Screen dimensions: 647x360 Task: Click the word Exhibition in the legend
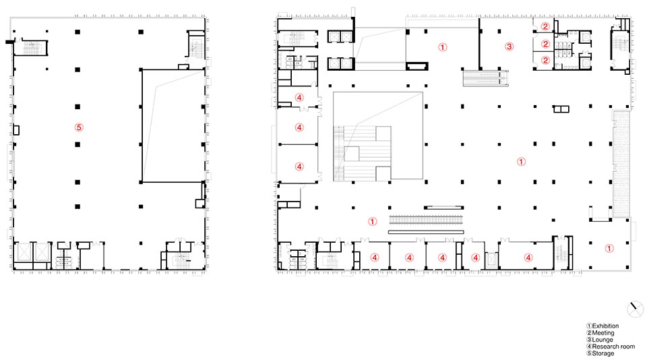tap(605, 326)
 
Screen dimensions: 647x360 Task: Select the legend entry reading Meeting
tap(603, 333)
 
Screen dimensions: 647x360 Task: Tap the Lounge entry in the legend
tap(603, 340)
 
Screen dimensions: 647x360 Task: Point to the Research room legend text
tap(613, 347)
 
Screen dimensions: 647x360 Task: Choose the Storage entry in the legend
tap(603, 353)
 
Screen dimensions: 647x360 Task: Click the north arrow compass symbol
tap(635, 309)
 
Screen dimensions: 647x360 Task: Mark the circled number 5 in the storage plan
tap(79, 127)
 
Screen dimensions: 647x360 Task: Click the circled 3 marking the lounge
tap(510, 47)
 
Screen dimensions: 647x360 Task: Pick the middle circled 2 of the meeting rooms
tap(545, 44)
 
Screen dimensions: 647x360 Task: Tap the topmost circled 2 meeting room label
tap(545, 26)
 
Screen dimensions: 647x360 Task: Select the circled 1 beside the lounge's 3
tap(442, 47)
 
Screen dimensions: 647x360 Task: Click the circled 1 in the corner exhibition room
tap(609, 248)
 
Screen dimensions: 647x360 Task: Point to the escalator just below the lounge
tap(485, 78)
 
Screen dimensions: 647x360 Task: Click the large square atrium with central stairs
tap(378, 136)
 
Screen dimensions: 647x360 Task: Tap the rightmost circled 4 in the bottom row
tap(528, 258)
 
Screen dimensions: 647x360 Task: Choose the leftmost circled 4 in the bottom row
tap(374, 258)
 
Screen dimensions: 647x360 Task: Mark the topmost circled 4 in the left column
tap(299, 98)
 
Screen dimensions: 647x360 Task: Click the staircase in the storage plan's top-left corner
tap(31, 47)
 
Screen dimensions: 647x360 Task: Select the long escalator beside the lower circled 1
tap(426, 220)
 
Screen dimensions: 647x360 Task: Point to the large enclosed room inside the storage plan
tap(173, 126)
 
